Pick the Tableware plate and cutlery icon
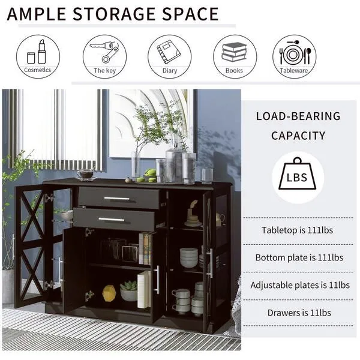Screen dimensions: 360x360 pyautogui.click(x=295, y=53)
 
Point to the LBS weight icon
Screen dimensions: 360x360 pyautogui.click(x=298, y=176)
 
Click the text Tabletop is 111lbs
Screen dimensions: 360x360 pyautogui.click(x=297, y=230)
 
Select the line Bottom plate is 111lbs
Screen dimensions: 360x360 pyautogui.click(x=299, y=257)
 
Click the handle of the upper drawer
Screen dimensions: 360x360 pyautogui.click(x=116, y=199)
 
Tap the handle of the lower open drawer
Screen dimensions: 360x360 pyautogui.click(x=112, y=220)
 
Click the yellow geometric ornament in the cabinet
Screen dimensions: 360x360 pyautogui.click(x=109, y=293)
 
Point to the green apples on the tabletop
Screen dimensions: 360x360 pyautogui.click(x=148, y=175)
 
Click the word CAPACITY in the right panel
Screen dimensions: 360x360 pyautogui.click(x=298, y=136)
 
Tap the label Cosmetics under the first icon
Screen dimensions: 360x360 pyautogui.click(x=38, y=70)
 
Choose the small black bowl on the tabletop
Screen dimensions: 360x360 pyautogui.click(x=86, y=174)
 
